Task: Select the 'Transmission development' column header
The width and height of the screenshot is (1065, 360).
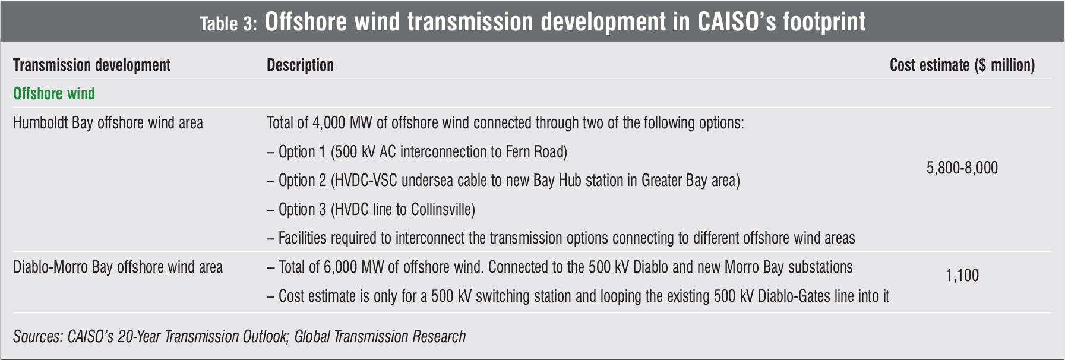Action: tap(91, 65)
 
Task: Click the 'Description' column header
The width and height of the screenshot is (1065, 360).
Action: tap(300, 65)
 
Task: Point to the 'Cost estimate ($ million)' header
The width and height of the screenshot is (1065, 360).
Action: tap(962, 65)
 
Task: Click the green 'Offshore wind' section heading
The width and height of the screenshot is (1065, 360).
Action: tap(54, 94)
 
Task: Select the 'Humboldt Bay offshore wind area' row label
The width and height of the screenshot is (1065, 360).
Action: tap(108, 123)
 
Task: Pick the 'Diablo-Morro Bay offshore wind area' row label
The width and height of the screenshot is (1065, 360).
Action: tap(118, 267)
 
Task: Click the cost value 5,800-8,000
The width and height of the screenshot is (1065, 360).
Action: tap(962, 168)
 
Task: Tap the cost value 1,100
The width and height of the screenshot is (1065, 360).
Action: tap(962, 276)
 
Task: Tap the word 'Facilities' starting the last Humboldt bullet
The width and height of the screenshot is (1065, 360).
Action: tap(302, 238)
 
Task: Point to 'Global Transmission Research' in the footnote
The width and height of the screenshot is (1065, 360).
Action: tap(380, 337)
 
